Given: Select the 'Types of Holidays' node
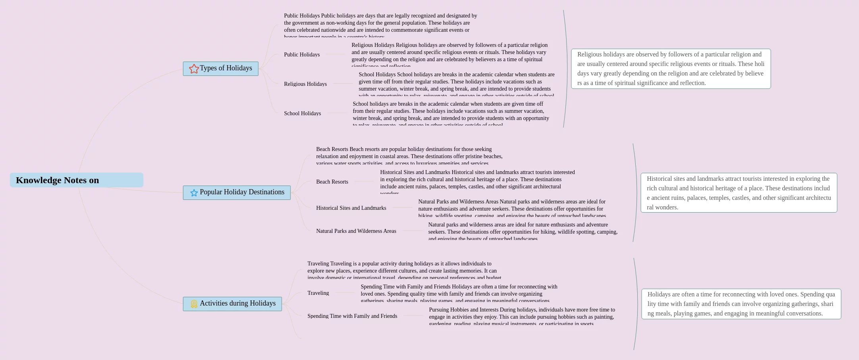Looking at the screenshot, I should pyautogui.click(x=226, y=68).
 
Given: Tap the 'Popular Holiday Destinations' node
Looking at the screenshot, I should pyautogui.click(x=242, y=192).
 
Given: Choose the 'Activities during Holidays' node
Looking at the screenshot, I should pyautogui.click(x=238, y=304).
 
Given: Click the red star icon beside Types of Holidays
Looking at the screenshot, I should pyautogui.click(x=194, y=69).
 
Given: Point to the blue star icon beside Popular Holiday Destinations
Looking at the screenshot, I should pyautogui.click(x=194, y=193).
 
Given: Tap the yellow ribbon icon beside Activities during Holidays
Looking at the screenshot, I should pyautogui.click(x=194, y=304).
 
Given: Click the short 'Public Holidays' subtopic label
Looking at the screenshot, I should pyautogui.click(x=302, y=54).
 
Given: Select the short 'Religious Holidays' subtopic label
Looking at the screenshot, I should pyautogui.click(x=305, y=84).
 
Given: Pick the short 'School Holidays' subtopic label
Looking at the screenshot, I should pyautogui.click(x=302, y=113).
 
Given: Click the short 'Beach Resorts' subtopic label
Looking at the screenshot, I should pyautogui.click(x=332, y=182).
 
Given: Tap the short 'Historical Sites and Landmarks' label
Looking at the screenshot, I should pyautogui.click(x=351, y=208).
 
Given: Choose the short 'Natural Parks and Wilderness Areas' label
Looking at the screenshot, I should pyautogui.click(x=356, y=231).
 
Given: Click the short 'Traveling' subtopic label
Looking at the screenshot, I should pyautogui.click(x=318, y=293).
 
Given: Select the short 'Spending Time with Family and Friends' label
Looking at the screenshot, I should pyautogui.click(x=352, y=316).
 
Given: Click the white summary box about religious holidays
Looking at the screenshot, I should pyautogui.click(x=671, y=69).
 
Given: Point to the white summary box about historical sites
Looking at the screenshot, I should pyautogui.click(x=739, y=193).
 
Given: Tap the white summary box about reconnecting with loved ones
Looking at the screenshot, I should pyautogui.click(x=741, y=304).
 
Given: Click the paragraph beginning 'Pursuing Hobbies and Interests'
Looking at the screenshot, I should pyautogui.click(x=522, y=316).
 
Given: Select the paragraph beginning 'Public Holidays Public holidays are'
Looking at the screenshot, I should pyautogui.click(x=380, y=25).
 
